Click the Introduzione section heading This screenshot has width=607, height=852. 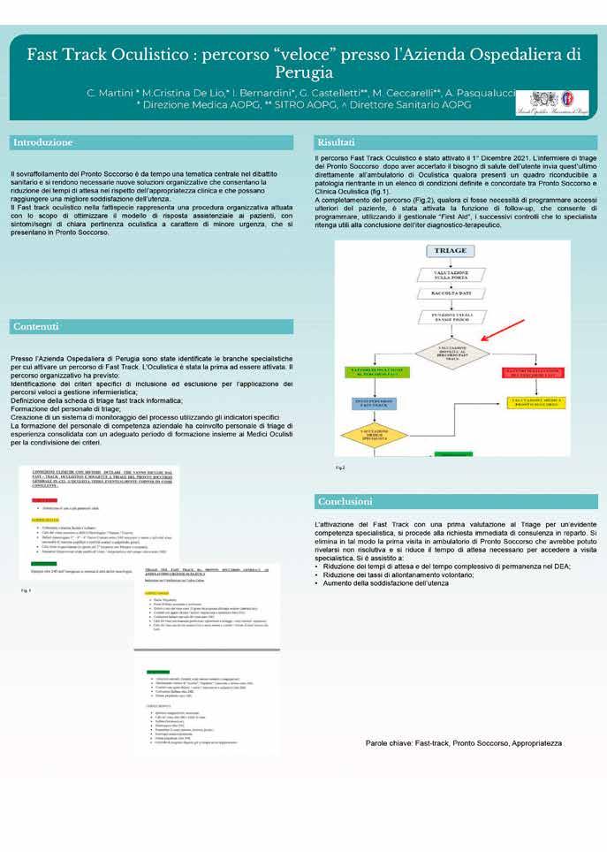42,142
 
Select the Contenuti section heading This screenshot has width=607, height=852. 36,327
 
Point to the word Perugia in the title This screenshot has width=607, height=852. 303,72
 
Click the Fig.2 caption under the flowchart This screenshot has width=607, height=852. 340,466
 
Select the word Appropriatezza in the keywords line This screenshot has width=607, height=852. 530,743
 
